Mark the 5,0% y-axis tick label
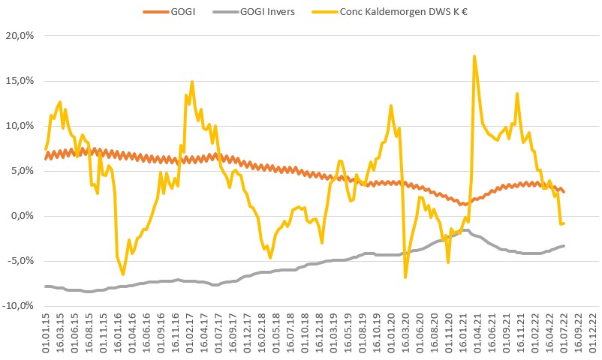coord(23,171)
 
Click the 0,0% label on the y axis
coord(23,216)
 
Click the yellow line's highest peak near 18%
coord(474,55)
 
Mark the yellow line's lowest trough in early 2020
coord(405,277)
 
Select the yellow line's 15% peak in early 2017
coord(192,82)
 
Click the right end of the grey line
coord(564,246)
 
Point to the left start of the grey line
coord(46,286)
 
